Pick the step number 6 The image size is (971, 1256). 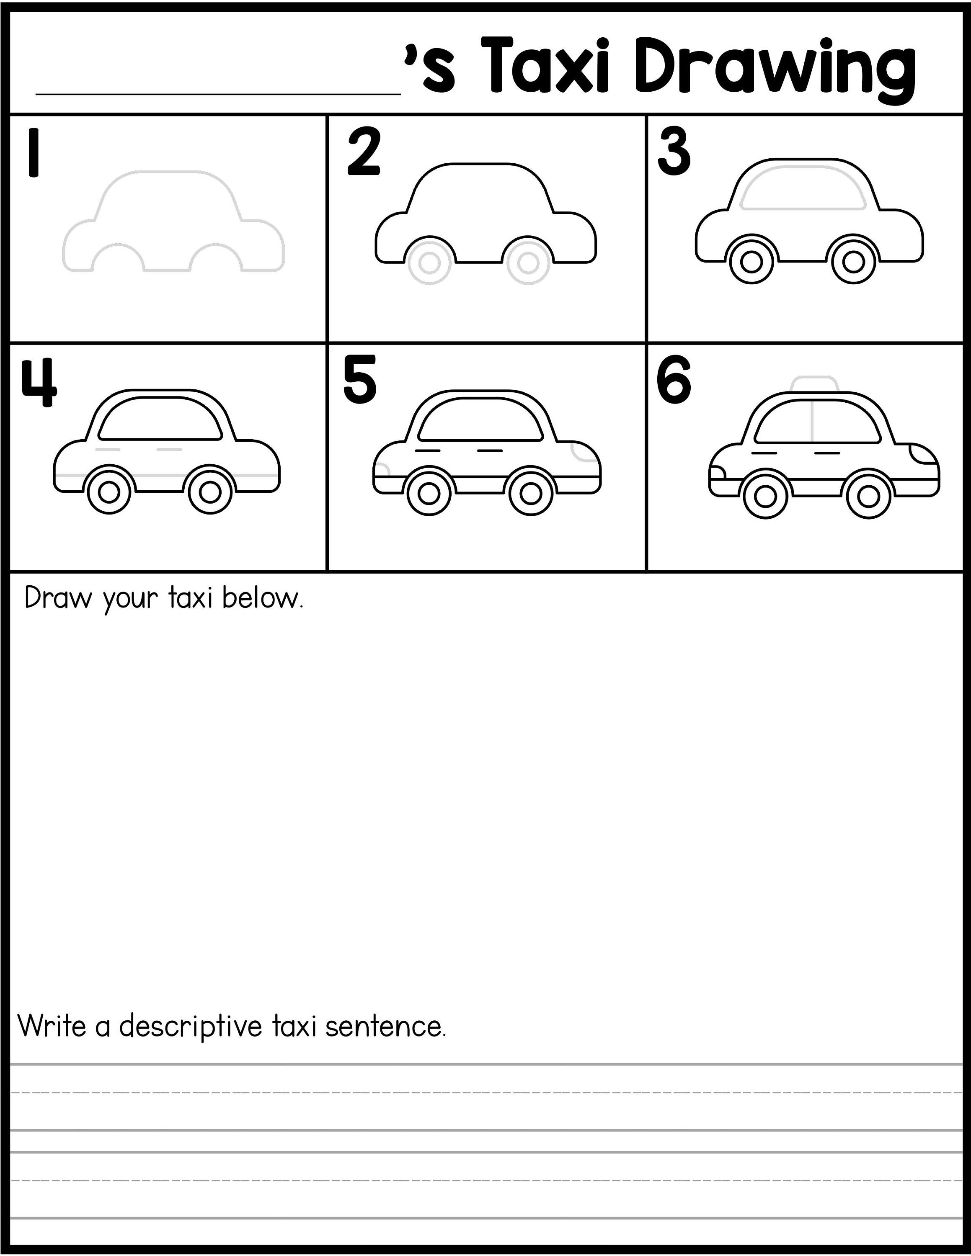tap(674, 381)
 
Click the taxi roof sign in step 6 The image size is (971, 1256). tap(813, 385)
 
